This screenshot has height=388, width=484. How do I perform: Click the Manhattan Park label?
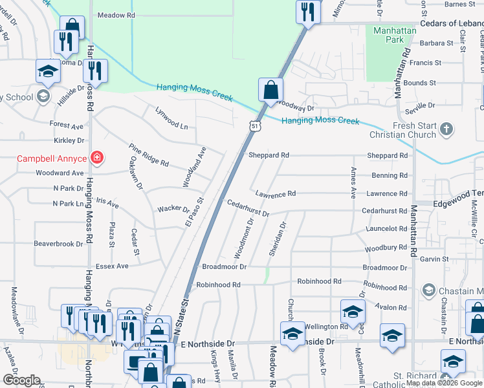[x=386, y=34]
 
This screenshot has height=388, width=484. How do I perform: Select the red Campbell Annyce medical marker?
[x=97, y=157]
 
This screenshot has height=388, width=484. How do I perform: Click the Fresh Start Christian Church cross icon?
[x=446, y=130]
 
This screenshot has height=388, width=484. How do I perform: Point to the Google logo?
[x=21, y=380]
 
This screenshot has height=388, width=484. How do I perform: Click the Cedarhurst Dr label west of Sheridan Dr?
[x=248, y=208]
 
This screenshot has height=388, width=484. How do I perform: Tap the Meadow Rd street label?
[x=116, y=15]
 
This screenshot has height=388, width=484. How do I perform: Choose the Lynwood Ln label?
[x=171, y=117]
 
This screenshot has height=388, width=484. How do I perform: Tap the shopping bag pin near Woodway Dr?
[x=270, y=90]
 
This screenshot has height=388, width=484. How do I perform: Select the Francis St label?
[x=430, y=63]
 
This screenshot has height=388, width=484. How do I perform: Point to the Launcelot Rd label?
[x=385, y=229]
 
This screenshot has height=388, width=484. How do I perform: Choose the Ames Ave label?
[x=353, y=182]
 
